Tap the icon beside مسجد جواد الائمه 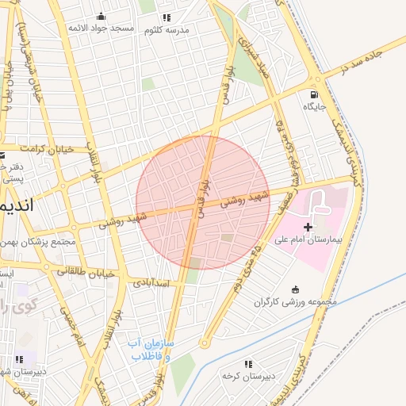[101, 16]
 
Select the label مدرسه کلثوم [167, 29]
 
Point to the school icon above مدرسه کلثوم [166, 17]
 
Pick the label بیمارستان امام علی [305, 238]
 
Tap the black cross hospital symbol [308, 227]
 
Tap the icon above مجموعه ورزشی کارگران [296, 289]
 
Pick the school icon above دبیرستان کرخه [248, 364]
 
